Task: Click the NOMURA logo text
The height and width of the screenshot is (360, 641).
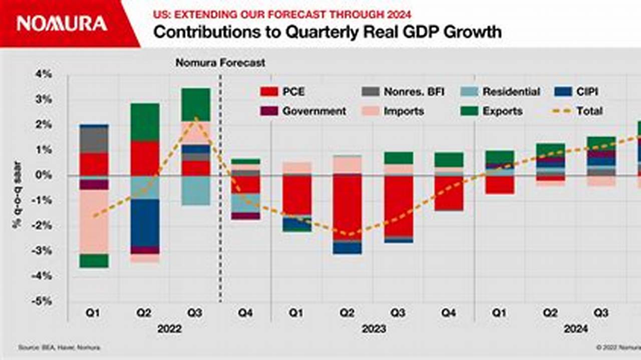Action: [x=62, y=24]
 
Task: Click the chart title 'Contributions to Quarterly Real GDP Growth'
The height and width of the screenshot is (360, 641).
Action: [x=327, y=32]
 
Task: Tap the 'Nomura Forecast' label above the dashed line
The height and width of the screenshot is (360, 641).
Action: [x=220, y=63]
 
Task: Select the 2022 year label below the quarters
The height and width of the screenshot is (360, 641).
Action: [x=169, y=329]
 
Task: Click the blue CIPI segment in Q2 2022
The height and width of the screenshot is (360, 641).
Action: [x=144, y=222]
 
